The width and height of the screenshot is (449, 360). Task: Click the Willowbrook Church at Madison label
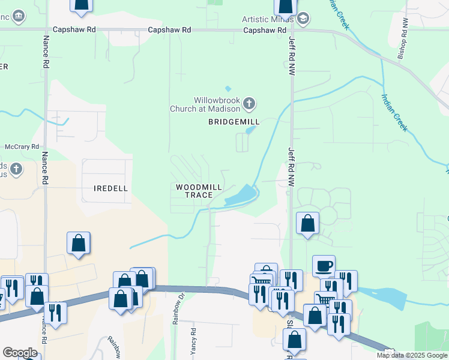coord(215,104)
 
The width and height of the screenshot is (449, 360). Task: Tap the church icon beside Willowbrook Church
coord(250,105)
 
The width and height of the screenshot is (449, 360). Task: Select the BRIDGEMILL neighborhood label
coord(234,122)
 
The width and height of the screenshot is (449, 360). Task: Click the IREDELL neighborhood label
coord(111,188)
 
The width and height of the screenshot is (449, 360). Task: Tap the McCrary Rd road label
coord(22,146)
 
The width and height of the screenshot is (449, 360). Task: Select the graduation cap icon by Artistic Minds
coord(303,19)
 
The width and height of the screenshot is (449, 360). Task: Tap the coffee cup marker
coord(324,265)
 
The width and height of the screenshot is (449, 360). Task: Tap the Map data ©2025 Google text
coord(412,355)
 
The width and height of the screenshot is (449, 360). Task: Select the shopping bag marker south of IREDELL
coord(79,243)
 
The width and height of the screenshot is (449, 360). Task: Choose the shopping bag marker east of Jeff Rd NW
coord(307,223)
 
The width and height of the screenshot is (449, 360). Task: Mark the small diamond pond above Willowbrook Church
coord(228,89)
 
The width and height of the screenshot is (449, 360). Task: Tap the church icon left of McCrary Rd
coord(16,169)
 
